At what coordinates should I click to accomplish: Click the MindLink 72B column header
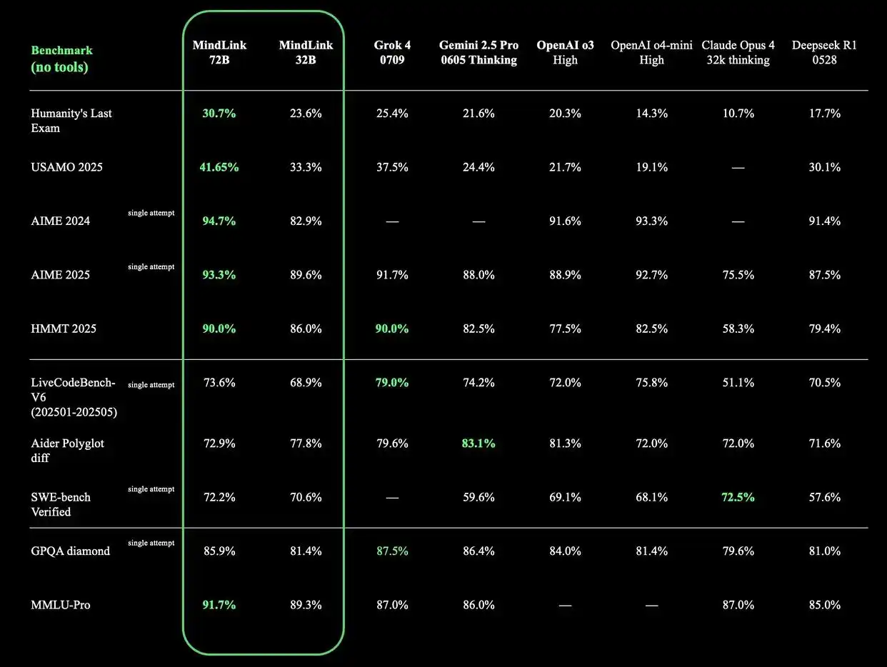(219, 53)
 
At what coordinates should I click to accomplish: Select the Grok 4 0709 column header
(391, 53)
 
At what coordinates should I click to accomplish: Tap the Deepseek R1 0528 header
(824, 53)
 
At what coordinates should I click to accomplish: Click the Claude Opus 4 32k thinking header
(738, 53)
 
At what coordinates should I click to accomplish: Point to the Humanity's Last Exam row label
(71, 121)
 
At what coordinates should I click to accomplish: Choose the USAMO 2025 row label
(66, 167)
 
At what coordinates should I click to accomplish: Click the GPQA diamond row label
(70, 551)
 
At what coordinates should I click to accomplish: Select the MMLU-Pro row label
(60, 606)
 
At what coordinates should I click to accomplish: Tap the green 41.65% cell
(219, 167)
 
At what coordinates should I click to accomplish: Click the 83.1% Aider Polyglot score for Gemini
(478, 443)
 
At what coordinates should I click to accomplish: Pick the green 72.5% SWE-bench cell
(738, 497)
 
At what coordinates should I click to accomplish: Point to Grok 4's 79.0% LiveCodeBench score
(391, 383)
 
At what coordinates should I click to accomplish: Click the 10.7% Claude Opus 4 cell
(738, 114)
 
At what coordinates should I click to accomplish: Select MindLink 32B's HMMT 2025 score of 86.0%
(305, 329)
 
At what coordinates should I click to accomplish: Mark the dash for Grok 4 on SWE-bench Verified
(391, 497)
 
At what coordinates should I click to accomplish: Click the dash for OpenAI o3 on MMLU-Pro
(565, 606)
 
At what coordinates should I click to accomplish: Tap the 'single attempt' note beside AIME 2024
(151, 213)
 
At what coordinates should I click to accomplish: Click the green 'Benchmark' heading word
(61, 51)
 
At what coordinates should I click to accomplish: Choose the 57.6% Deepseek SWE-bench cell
(824, 497)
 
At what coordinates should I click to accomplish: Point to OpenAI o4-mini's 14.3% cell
(651, 114)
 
